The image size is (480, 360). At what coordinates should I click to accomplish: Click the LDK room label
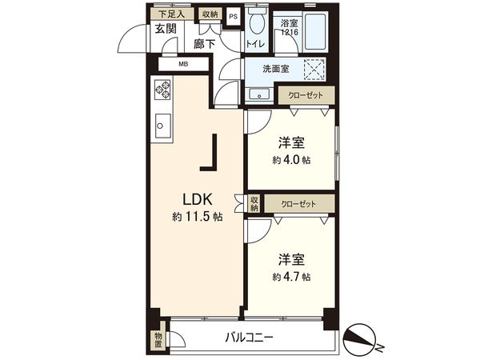196,198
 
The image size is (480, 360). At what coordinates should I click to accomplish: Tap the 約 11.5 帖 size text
196,216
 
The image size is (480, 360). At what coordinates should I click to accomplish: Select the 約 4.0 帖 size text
290,159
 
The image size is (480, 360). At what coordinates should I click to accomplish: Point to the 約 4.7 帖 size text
290,277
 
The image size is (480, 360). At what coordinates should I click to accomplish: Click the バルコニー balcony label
249,338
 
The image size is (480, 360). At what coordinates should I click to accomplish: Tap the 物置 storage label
158,339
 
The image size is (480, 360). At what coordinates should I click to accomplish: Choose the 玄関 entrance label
166,30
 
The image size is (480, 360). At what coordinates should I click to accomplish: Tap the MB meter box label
183,64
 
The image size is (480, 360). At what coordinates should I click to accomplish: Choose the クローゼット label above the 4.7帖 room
298,204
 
